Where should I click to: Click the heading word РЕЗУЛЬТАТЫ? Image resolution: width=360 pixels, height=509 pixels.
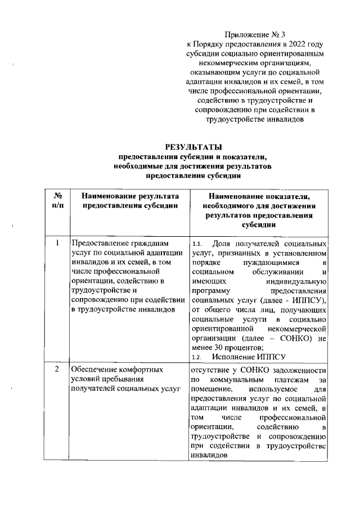(194, 147)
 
